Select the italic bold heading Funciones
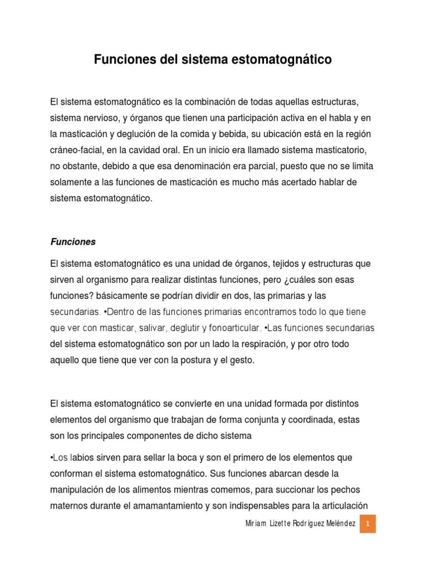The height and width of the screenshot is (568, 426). pos(73,242)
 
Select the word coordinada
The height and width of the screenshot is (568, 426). pos(310,420)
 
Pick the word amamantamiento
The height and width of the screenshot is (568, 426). pos(169,506)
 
